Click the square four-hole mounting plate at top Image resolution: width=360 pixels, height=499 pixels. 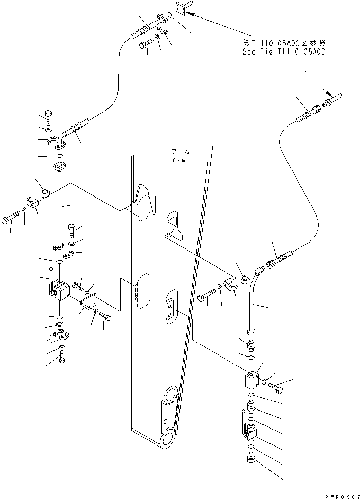click(x=182, y=8)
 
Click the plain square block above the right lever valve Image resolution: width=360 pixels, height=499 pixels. click(x=253, y=382)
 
